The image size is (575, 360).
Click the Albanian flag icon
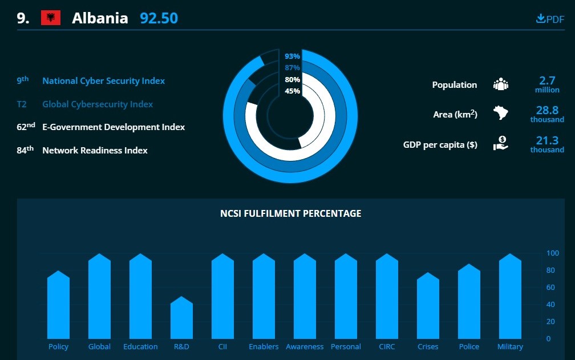51,18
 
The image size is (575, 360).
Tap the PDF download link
550,19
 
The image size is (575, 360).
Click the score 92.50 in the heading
159,18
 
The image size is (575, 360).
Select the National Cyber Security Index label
103,81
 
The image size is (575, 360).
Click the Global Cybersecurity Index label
98,104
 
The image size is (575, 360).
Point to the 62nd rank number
26,127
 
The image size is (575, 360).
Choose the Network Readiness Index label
95,151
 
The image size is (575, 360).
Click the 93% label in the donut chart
292,56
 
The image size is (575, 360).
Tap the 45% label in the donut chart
292,91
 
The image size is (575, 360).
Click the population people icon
500,84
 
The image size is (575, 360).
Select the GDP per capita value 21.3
547,140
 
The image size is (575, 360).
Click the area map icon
500,113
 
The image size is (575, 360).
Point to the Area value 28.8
547,111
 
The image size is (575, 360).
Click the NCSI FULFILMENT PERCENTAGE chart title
290,213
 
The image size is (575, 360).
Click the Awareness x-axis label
305,347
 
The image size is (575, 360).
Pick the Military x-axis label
510,347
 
